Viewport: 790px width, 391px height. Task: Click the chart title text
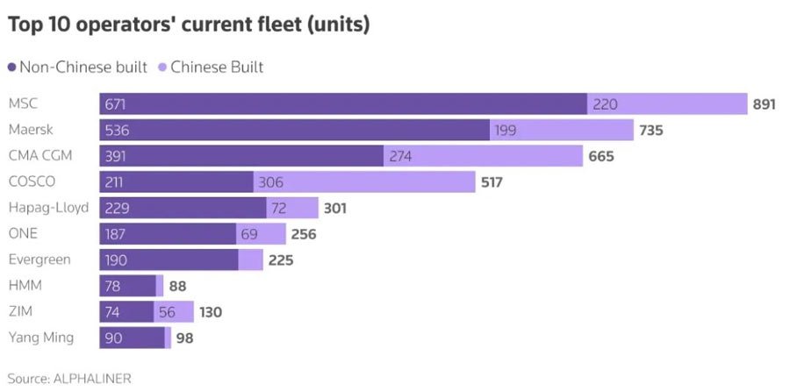[189, 25]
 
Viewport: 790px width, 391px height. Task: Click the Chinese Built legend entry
[210, 67]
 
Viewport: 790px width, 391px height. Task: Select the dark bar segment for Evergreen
[169, 259]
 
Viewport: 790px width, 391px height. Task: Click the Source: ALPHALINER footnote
[69, 379]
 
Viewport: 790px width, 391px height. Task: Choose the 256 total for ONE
[304, 234]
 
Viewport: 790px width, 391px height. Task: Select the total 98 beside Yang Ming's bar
[184, 338]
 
